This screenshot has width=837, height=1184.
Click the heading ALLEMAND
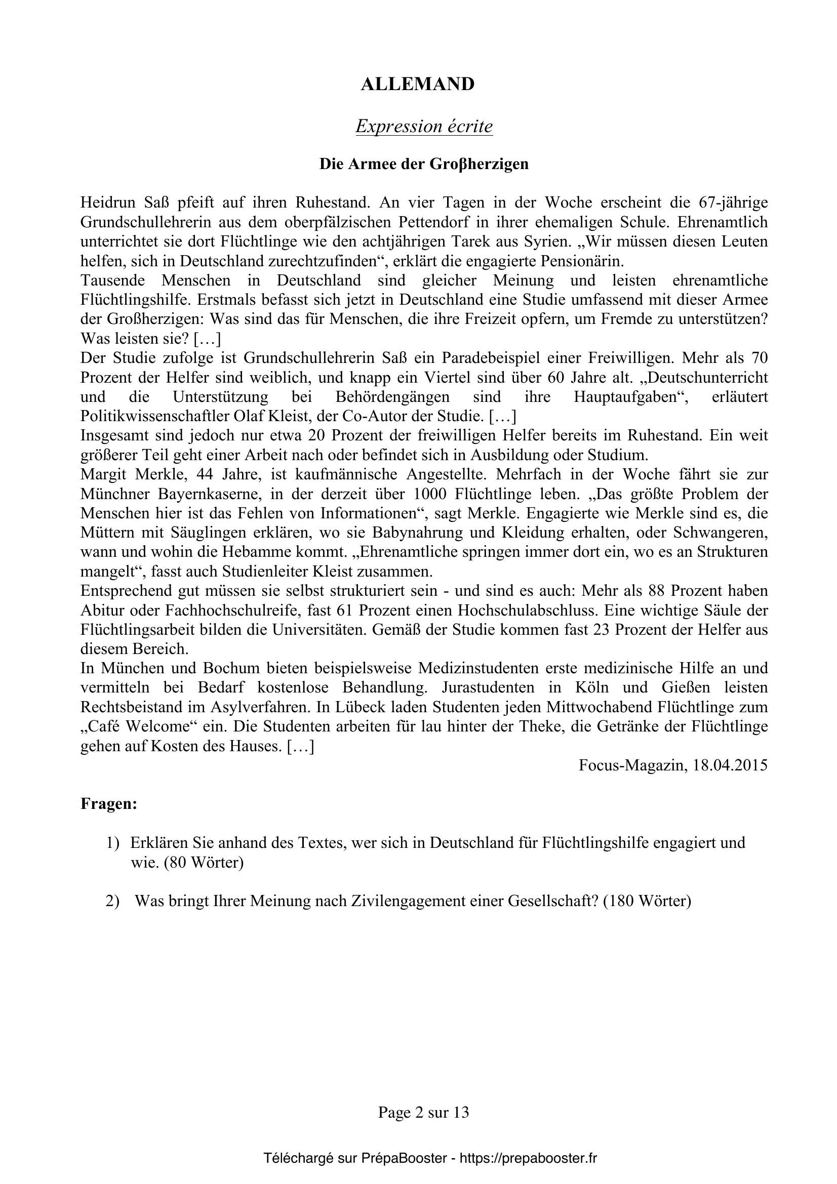417,85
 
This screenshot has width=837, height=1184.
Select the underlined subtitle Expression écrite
424,127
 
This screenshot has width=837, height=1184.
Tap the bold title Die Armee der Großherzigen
424,164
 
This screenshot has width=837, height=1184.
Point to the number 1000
431,494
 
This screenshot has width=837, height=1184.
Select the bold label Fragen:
109,804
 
